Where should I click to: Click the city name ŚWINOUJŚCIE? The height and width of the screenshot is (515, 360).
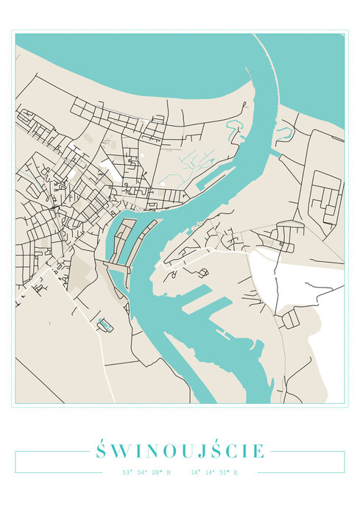coord(180,450)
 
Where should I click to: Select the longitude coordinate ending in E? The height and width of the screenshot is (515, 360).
coord(214,472)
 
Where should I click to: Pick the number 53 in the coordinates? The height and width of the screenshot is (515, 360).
coord(127,472)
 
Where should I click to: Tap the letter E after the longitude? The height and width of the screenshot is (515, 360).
coord(236,472)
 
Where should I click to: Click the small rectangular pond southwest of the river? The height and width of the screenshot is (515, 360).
coord(105,324)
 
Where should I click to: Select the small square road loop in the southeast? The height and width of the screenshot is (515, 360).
coord(291,319)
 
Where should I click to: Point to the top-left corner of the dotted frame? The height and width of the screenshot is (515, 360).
coord(13,30)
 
